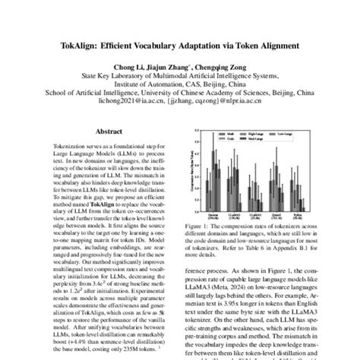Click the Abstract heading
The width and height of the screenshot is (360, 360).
112,131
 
